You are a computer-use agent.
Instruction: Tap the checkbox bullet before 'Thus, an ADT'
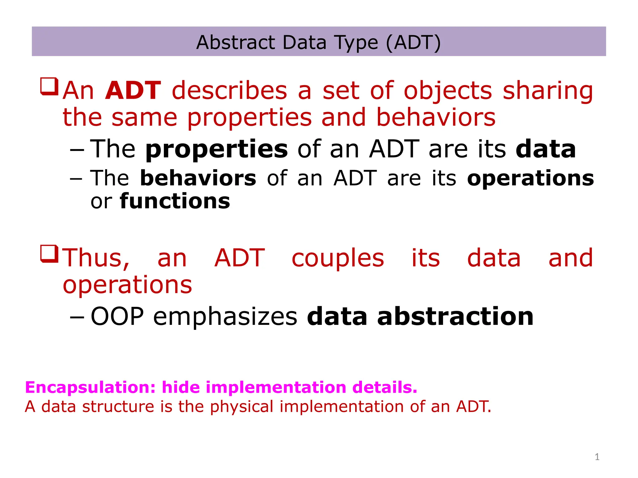pos(49,254)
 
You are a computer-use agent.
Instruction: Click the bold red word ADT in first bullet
pos(133,91)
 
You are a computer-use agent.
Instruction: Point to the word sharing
pos(548,91)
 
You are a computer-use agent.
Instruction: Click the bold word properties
pos(217,149)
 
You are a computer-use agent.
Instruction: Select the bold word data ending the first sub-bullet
pos(545,149)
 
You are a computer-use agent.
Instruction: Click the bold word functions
pos(175,201)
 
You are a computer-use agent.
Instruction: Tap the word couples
pos(338,259)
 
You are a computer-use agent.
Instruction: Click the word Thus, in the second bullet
pos(96,258)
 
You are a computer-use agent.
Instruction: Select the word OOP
pos(117,316)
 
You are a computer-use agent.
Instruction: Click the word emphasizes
pos(225,316)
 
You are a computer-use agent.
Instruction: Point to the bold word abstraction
pos(455,316)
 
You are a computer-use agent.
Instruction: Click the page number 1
pos(597,457)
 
